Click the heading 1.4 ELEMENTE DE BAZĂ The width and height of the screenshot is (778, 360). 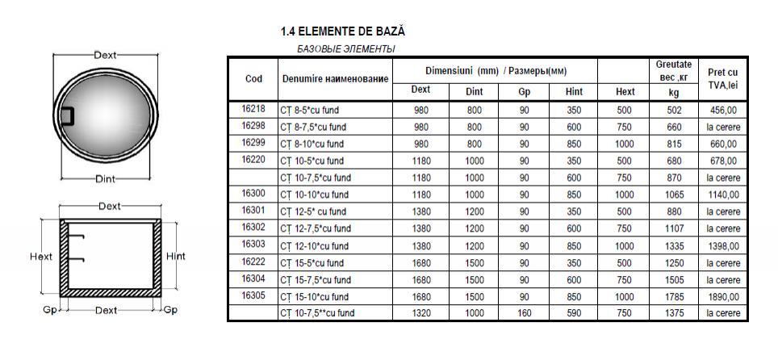pos(342,32)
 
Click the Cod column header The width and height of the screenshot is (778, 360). pos(253,78)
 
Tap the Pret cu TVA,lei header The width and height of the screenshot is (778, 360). pos(722,78)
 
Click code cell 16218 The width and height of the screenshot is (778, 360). pos(253,110)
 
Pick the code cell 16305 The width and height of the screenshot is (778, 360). pos(253,296)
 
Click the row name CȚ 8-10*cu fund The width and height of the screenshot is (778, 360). pos(313,144)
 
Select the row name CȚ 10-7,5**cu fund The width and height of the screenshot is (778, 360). pos(316,312)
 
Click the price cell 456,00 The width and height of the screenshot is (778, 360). pos(722,110)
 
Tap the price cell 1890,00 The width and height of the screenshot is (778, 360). pos(722,296)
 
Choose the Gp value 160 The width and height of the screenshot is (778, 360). pos(524,312)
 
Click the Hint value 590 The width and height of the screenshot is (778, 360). pos(574,312)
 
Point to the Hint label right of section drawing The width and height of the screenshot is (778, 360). pos(175,257)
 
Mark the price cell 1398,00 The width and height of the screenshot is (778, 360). pos(722,245)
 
